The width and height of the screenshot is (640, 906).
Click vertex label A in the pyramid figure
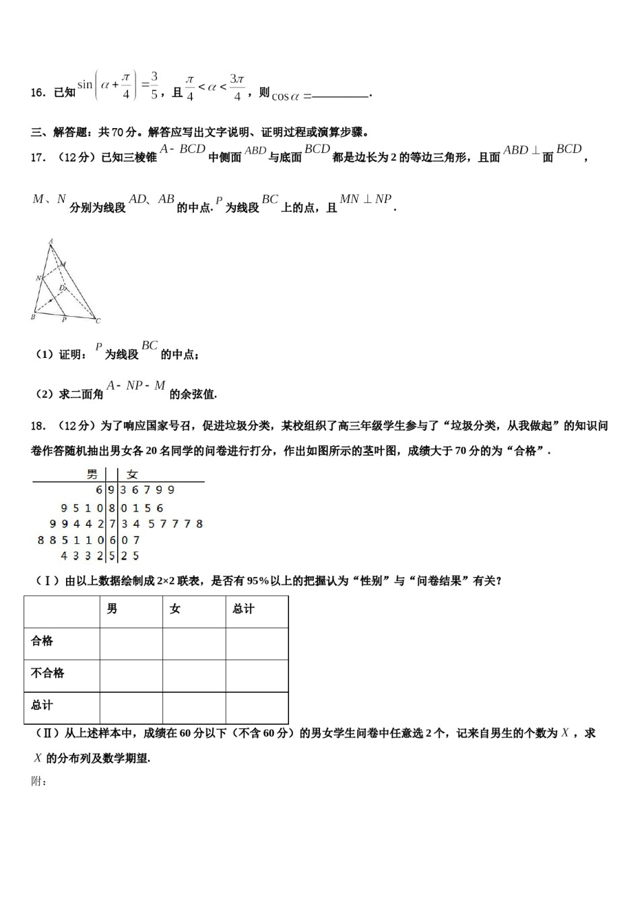[x=51, y=241]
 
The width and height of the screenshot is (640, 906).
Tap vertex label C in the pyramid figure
[x=98, y=321]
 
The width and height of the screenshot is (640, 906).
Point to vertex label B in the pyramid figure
[x=33, y=317]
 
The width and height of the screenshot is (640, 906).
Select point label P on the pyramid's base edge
[x=64, y=320]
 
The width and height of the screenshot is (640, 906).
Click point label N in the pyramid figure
[x=38, y=278]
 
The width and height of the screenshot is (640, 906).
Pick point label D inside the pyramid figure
[x=61, y=288]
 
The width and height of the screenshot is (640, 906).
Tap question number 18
[x=38, y=425]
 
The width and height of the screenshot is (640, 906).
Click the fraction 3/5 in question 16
[x=154, y=86]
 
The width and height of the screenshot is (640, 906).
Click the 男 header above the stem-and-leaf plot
[x=92, y=475]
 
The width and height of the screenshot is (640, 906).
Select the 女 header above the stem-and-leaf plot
[x=132, y=475]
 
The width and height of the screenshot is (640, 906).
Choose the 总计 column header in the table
[x=243, y=609]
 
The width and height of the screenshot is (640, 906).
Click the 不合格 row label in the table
[x=48, y=673]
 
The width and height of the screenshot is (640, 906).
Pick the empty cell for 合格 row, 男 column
[x=131, y=644]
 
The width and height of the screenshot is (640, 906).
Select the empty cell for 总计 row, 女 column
[x=194, y=707]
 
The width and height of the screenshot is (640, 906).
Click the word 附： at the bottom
[x=38, y=781]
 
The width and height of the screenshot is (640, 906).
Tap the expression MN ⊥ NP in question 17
[x=365, y=199]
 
